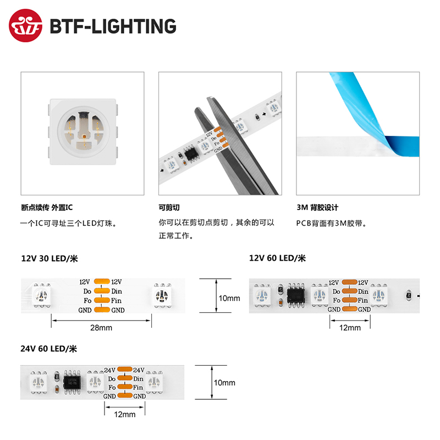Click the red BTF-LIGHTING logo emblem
pyautogui.click(x=26, y=26)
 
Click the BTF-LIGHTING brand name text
pyautogui.click(x=113, y=26)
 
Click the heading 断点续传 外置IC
pyautogui.click(x=46, y=208)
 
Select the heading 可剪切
pyautogui.click(x=169, y=208)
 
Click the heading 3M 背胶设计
pyautogui.click(x=317, y=208)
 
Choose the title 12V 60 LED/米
pyautogui.click(x=277, y=258)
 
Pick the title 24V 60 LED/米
pyautogui.click(x=50, y=348)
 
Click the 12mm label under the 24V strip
pyautogui.click(x=124, y=414)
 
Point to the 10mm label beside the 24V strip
pyautogui.click(x=224, y=383)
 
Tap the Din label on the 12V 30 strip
pyautogui.click(x=117, y=291)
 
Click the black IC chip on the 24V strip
pyautogui.click(x=72, y=380)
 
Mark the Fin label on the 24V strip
pyautogui.click(x=138, y=387)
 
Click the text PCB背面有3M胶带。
pyautogui.click(x=331, y=223)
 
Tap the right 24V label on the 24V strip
pyautogui.click(x=138, y=370)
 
